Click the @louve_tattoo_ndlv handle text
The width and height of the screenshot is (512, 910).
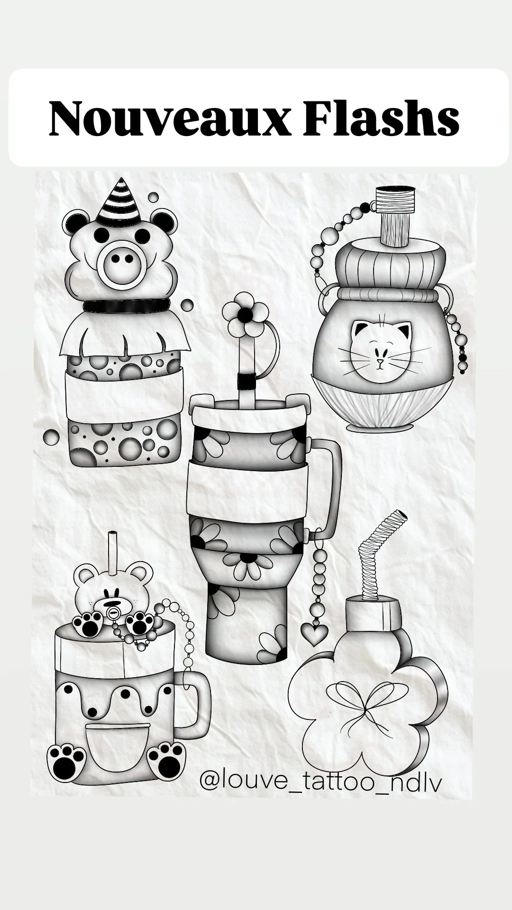click(x=321, y=781)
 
